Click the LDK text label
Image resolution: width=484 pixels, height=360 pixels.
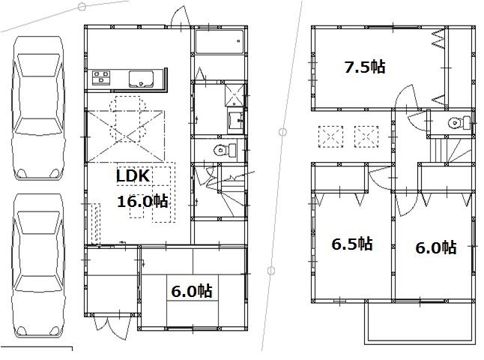click(134, 176)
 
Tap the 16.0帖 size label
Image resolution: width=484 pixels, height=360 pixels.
click(141, 201)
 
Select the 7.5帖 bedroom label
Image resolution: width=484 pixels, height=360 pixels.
click(364, 67)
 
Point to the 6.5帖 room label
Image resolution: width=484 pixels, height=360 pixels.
click(352, 244)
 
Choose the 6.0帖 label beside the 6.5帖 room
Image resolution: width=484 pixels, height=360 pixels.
click(436, 247)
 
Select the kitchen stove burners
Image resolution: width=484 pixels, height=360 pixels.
click(101, 77)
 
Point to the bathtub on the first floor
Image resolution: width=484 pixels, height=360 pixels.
click(219, 41)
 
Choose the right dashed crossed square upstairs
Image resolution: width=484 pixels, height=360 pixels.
click(364, 136)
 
